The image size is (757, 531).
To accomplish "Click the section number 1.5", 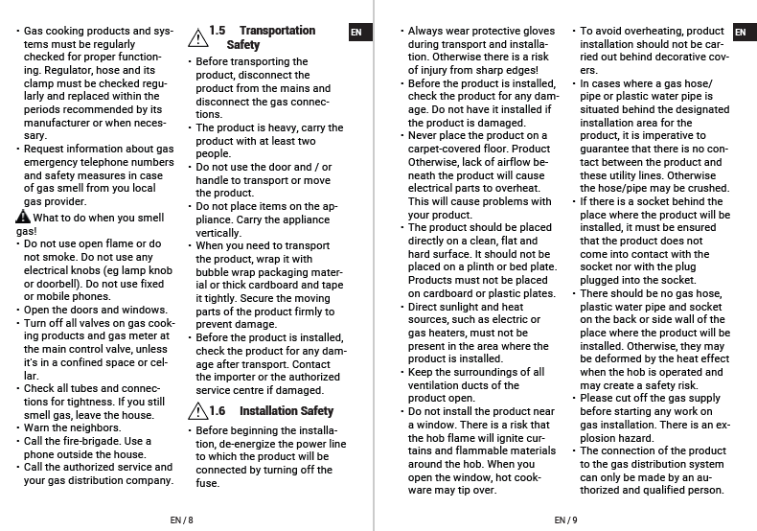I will pos(218,31).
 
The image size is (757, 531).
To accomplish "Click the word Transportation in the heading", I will pos(277,31).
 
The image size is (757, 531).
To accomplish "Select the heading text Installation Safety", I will pos(287,411).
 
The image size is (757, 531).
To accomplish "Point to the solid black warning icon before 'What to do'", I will pos(22,218).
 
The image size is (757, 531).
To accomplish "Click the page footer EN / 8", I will pos(181,519).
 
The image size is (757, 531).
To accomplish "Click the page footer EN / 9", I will pos(565,519).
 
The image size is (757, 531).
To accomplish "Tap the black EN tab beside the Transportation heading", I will pos(356,32).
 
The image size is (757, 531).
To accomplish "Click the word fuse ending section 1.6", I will pos(208,483).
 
